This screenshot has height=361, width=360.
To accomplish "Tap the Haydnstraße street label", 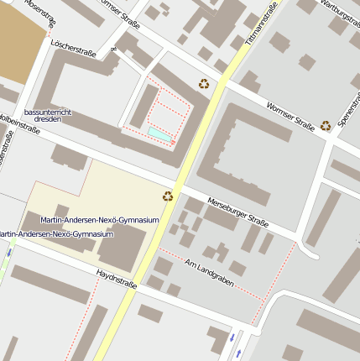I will (x=117, y=278).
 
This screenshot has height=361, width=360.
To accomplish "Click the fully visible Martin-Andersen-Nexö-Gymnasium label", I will (x=100, y=219).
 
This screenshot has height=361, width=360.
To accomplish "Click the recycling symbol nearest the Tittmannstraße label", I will (x=204, y=83).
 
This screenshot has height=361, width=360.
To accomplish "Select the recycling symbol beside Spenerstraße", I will (x=326, y=125).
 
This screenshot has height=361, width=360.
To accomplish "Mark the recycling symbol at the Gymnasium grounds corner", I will (x=168, y=196).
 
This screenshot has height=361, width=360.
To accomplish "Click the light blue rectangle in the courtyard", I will (x=159, y=133).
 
